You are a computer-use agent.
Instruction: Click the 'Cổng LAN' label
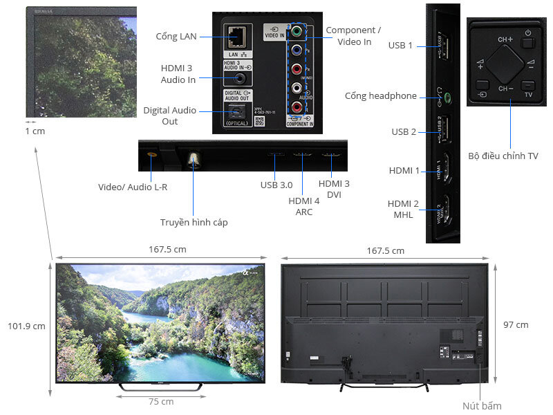point(177,36)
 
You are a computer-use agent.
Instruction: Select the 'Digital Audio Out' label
point(170,116)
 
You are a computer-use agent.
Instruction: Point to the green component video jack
point(296,32)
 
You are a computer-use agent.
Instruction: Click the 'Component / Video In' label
point(354,36)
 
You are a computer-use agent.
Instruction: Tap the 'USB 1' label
point(400,46)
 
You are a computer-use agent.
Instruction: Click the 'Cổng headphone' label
point(381,95)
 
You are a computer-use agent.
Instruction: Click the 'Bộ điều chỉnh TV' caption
point(512,156)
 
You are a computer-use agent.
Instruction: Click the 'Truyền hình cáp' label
point(194,222)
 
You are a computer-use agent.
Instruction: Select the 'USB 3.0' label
point(276,185)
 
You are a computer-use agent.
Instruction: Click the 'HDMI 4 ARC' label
point(303,206)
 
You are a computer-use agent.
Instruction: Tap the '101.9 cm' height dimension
point(26,326)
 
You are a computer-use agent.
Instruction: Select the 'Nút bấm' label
point(482,405)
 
